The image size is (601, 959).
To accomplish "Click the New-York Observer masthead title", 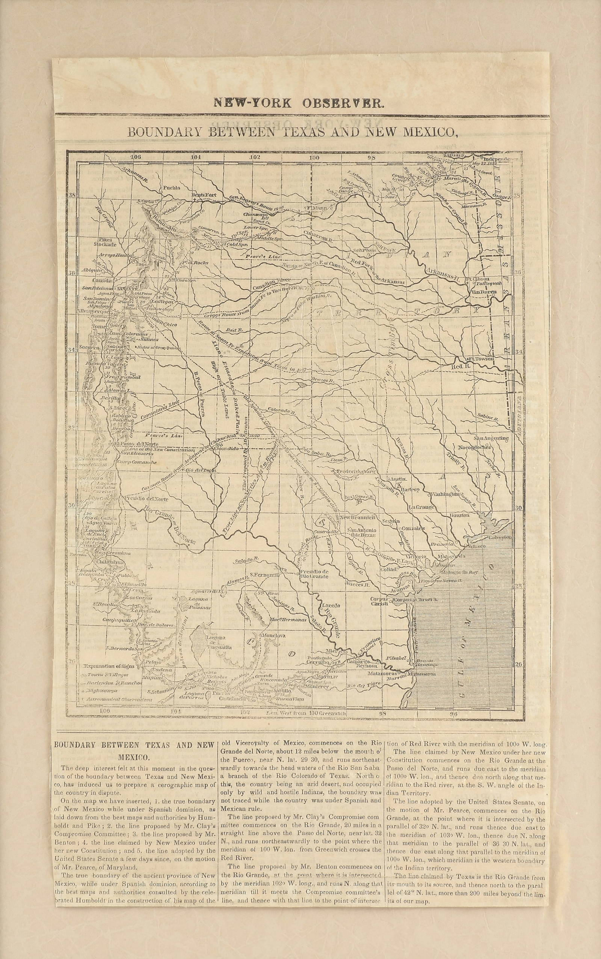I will click(x=299, y=103).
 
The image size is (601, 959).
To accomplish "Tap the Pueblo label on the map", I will click(x=171, y=187).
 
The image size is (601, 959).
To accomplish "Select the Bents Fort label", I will click(x=204, y=195).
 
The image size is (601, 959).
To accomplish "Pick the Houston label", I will click(x=459, y=515).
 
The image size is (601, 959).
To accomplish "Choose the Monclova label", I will click(x=273, y=635).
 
